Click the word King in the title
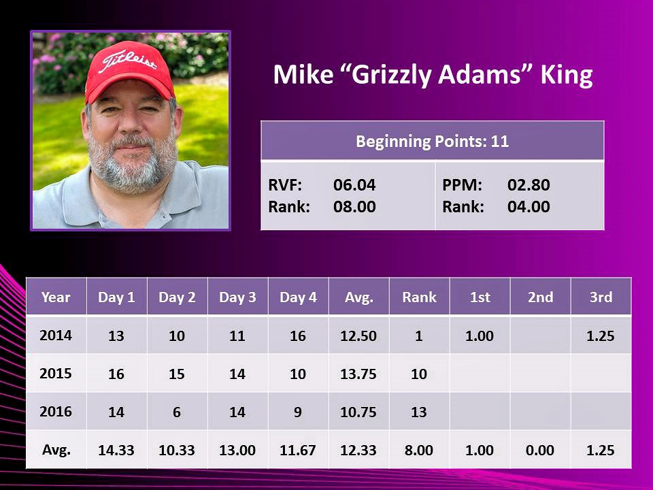pyautogui.click(x=567, y=76)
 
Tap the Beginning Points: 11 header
pyautogui.click(x=433, y=142)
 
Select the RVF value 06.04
pyautogui.click(x=354, y=184)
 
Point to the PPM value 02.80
pyautogui.click(x=529, y=184)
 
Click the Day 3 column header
pyautogui.click(x=237, y=297)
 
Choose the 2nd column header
pyautogui.click(x=540, y=297)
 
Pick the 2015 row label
pyautogui.click(x=56, y=374)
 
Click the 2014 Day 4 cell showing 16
pyautogui.click(x=298, y=336)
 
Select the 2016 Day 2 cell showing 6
pyautogui.click(x=177, y=412)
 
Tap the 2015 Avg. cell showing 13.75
pyautogui.click(x=358, y=374)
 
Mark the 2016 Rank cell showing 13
pyautogui.click(x=419, y=412)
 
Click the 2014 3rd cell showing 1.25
pyautogui.click(x=600, y=336)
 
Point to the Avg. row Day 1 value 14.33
pyautogui.click(x=116, y=450)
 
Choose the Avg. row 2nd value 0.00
pyautogui.click(x=539, y=450)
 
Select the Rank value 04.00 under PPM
pyautogui.click(x=529, y=206)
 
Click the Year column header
pyautogui.click(x=56, y=297)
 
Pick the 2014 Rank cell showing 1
pyautogui.click(x=419, y=336)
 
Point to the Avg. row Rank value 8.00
pyautogui.click(x=419, y=450)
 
